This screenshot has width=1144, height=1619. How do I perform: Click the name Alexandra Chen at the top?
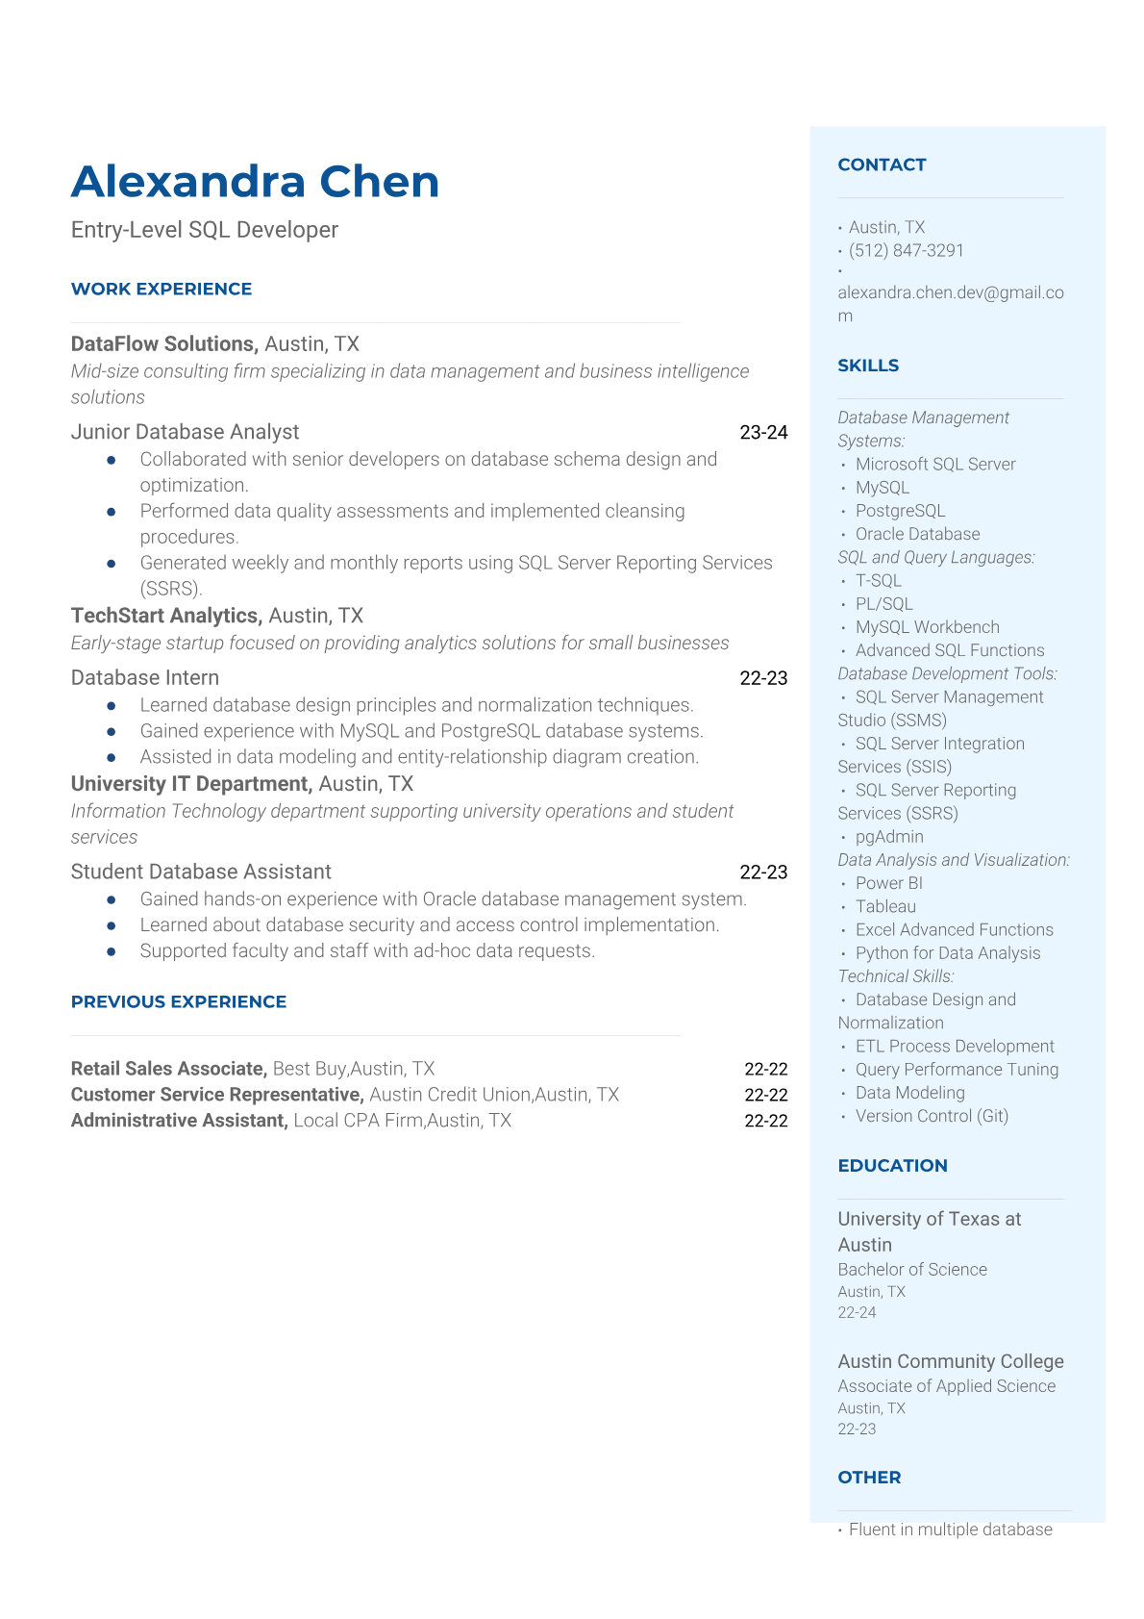255,182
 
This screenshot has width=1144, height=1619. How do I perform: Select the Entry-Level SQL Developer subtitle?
205,230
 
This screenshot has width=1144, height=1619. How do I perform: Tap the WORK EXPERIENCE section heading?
162,289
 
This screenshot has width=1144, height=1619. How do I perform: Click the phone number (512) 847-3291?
906,250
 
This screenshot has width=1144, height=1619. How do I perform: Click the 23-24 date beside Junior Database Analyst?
763,433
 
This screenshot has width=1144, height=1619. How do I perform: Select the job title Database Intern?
145,678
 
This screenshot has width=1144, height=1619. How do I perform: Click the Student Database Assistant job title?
201,872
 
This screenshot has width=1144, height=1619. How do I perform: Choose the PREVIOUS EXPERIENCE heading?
179,1001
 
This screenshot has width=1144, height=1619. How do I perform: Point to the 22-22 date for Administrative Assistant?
765,1121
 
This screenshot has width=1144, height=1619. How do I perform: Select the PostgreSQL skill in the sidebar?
900,511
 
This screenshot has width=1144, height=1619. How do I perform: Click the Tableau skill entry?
885,906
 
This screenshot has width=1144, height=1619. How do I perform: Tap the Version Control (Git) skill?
932,1116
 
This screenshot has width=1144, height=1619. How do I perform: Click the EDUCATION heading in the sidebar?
892,1165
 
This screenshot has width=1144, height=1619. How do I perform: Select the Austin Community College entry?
951,1361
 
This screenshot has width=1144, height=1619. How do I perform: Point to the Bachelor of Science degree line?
912,1270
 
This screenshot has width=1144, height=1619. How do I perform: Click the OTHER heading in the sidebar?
869,1477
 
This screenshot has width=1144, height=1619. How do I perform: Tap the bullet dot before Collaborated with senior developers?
112,460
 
